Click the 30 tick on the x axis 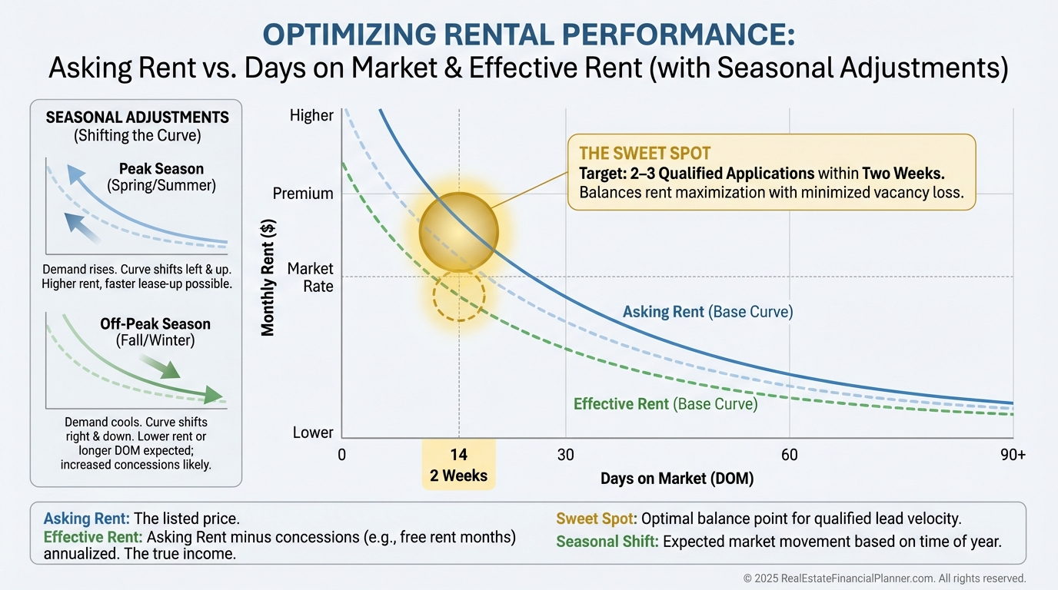click(x=565, y=454)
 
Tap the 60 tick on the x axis click(x=789, y=454)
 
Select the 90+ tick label click(x=1013, y=454)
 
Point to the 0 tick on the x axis click(x=341, y=454)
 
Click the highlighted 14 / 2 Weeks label click(x=459, y=465)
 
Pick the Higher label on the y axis click(x=311, y=116)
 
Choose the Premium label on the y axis click(x=303, y=194)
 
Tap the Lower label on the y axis click(x=313, y=433)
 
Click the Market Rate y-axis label click(x=310, y=277)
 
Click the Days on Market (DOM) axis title click(x=677, y=478)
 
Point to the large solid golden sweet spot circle click(x=459, y=232)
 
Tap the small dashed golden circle click(x=459, y=294)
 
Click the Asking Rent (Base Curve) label click(x=707, y=312)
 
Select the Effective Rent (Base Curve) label click(x=665, y=404)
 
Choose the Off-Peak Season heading click(x=155, y=323)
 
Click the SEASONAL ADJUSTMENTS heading click(x=137, y=118)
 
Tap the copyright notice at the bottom click(x=884, y=578)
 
